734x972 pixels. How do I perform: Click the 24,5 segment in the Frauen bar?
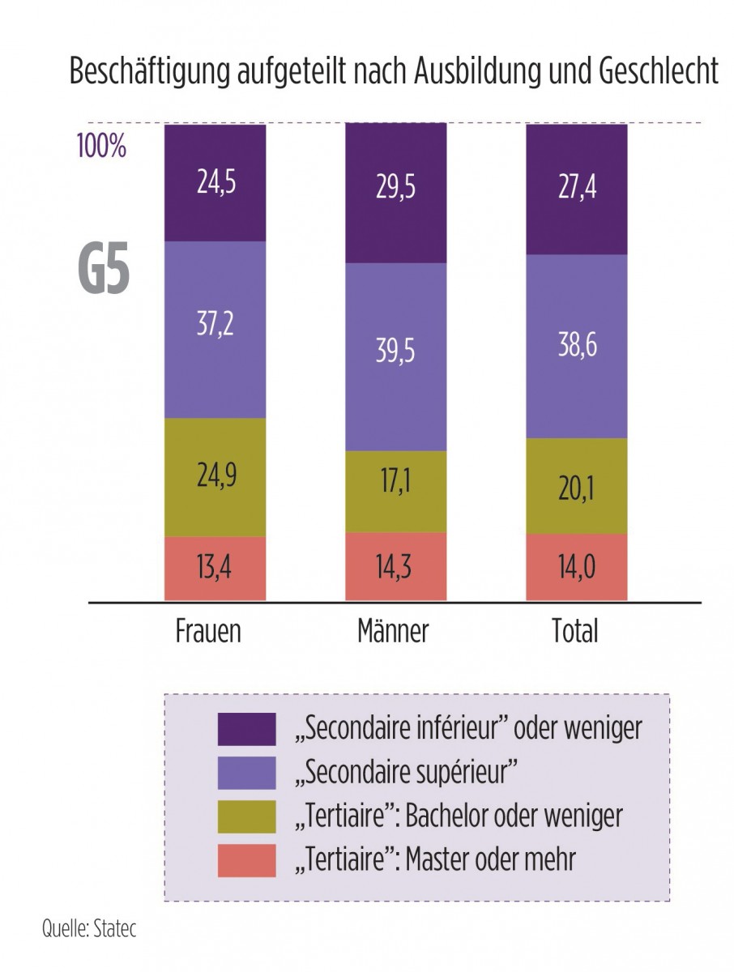[x=215, y=182]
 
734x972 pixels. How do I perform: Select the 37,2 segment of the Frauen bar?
[x=215, y=328]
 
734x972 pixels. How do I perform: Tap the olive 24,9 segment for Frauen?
[x=215, y=476]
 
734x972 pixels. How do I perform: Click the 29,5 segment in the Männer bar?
[x=396, y=193]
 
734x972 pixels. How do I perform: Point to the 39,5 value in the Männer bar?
[x=396, y=357]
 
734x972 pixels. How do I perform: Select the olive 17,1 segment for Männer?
[x=396, y=491]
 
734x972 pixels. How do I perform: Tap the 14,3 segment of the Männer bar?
[x=396, y=568]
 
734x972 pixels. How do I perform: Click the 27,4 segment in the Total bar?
[x=577, y=189]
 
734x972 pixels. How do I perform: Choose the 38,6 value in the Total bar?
[x=577, y=346]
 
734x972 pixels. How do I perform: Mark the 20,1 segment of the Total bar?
[x=577, y=485]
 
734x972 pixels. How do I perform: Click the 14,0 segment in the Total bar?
[x=577, y=569]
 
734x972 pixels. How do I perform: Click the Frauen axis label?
[x=208, y=631]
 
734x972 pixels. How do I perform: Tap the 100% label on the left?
[x=101, y=148]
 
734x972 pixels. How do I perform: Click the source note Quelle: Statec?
[x=89, y=928]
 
